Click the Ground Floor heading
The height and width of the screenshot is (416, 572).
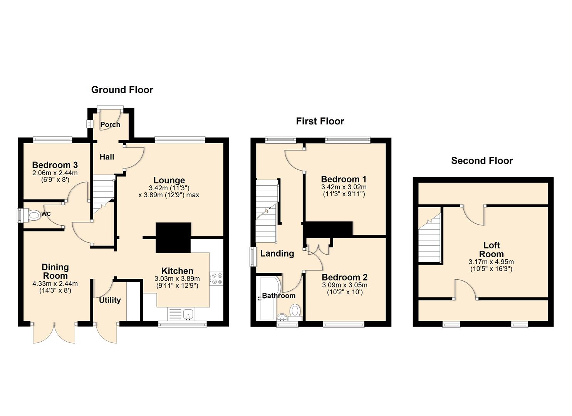point(122,90)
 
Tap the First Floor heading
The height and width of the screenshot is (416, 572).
point(320,121)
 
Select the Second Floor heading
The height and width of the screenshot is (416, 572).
point(482,161)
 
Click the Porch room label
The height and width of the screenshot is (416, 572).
point(110,124)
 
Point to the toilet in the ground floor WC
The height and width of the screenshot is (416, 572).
point(32,215)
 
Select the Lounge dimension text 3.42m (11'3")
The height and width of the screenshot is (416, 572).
point(169,188)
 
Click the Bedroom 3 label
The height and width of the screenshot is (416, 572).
point(55,165)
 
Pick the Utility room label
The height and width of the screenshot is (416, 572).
point(110,300)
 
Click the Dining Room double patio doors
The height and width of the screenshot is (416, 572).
point(54,332)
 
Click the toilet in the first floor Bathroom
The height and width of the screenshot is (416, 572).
point(295,310)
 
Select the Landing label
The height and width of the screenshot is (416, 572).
point(277,253)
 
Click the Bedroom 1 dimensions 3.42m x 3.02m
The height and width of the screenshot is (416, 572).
point(344,187)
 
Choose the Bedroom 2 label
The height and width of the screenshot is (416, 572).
point(344,277)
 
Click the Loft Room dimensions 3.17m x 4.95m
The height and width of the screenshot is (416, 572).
point(491,262)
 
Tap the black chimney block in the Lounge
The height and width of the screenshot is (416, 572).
point(173,237)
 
